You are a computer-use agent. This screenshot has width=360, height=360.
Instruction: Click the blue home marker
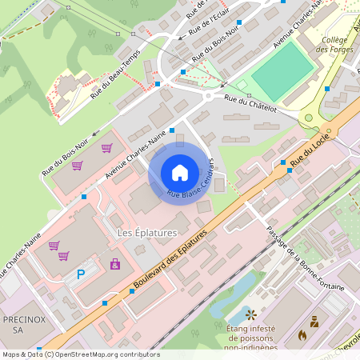[180, 172]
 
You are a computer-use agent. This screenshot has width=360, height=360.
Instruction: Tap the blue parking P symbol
[80, 274]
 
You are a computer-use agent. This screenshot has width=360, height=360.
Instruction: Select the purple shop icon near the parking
[114, 263]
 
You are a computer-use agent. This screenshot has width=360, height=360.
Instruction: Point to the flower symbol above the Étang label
[250, 314]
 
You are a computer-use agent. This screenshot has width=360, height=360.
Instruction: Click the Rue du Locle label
[309, 149]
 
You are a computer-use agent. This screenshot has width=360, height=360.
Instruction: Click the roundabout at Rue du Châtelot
[208, 95]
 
